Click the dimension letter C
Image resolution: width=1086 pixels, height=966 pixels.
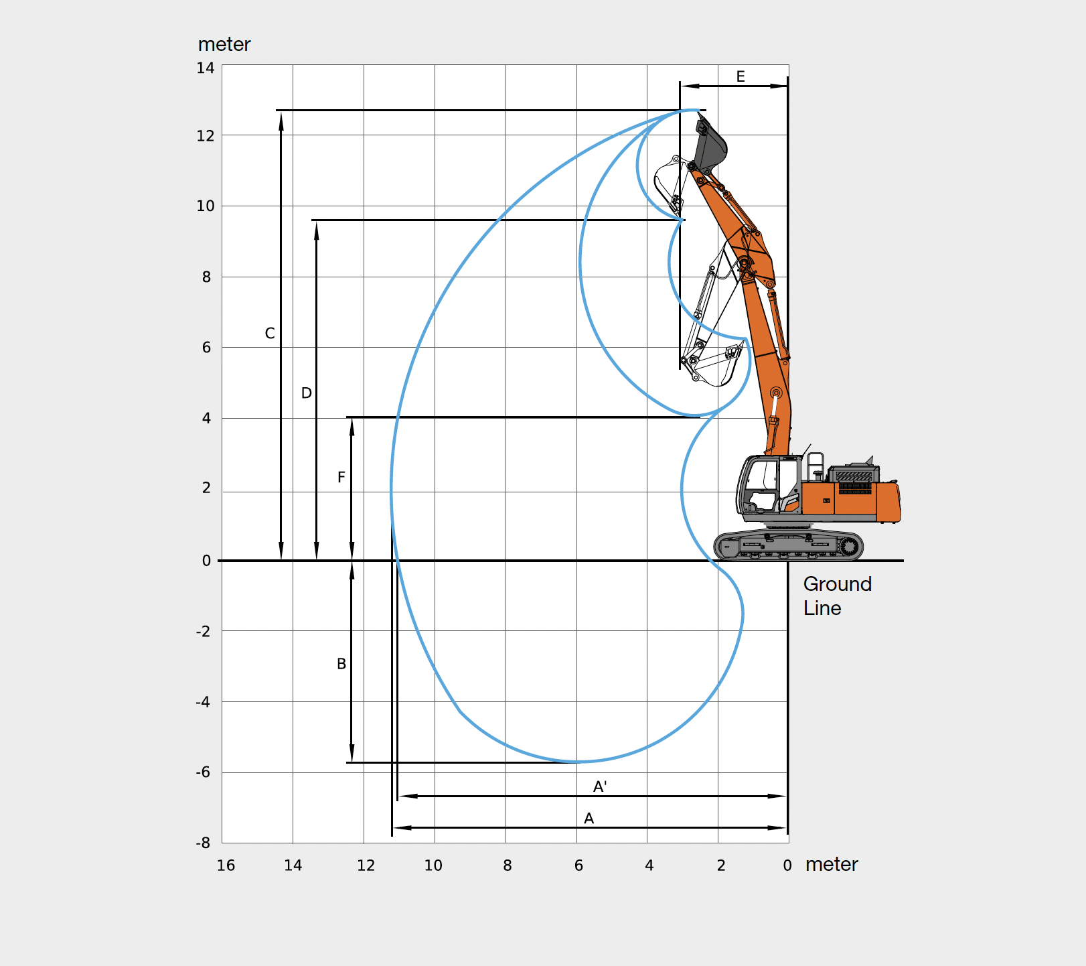[270, 333]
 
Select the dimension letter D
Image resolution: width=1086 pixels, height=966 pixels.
[307, 393]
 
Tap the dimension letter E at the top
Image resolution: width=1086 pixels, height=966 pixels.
[741, 76]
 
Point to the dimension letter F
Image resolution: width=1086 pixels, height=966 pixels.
[341, 477]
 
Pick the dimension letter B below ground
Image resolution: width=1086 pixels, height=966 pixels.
[341, 664]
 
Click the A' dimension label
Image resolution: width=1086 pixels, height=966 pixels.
[600, 786]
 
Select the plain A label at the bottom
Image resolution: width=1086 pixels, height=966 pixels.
[589, 818]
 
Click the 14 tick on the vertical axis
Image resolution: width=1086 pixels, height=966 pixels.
[206, 68]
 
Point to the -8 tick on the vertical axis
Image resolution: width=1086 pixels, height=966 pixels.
[203, 843]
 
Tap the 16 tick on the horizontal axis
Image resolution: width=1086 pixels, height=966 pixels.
[226, 866]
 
